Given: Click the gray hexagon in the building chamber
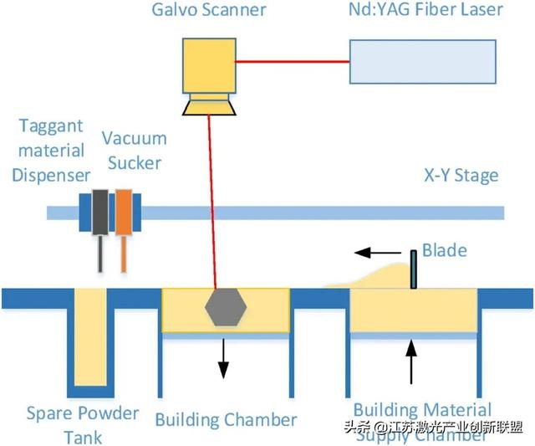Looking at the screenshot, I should point(226,308).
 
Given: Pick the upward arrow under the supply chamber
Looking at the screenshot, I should point(410,361).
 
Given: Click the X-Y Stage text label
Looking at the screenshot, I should point(461,176).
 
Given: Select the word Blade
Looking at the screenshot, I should point(444,250).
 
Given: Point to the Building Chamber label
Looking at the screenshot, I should point(226,418).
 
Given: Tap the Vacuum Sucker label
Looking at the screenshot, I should point(135,149).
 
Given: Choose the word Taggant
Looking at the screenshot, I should point(53,126).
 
